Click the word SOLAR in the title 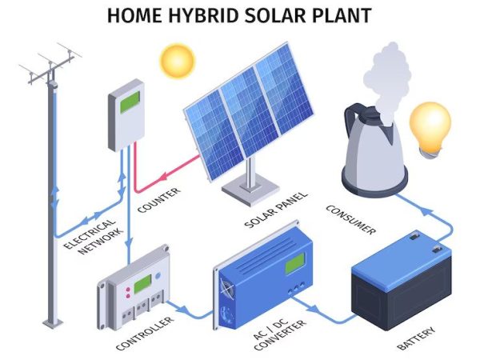pyautogui.click(x=275, y=16)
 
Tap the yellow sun pyautogui.click(x=178, y=62)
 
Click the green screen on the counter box pyautogui.click(x=130, y=102)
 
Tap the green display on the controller pyautogui.click(x=142, y=284)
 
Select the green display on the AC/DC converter pyautogui.click(x=294, y=264)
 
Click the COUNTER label pyautogui.click(x=158, y=200)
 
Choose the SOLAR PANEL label pyautogui.click(x=276, y=210)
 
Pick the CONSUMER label pyautogui.click(x=350, y=219)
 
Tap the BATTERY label pyautogui.click(x=416, y=338)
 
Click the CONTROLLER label pyautogui.click(x=145, y=334)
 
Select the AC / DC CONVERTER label pyautogui.click(x=279, y=334)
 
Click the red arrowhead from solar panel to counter pyautogui.click(x=164, y=176)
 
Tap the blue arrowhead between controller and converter pyautogui.click(x=182, y=309)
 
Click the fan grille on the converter pyautogui.click(x=227, y=290)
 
